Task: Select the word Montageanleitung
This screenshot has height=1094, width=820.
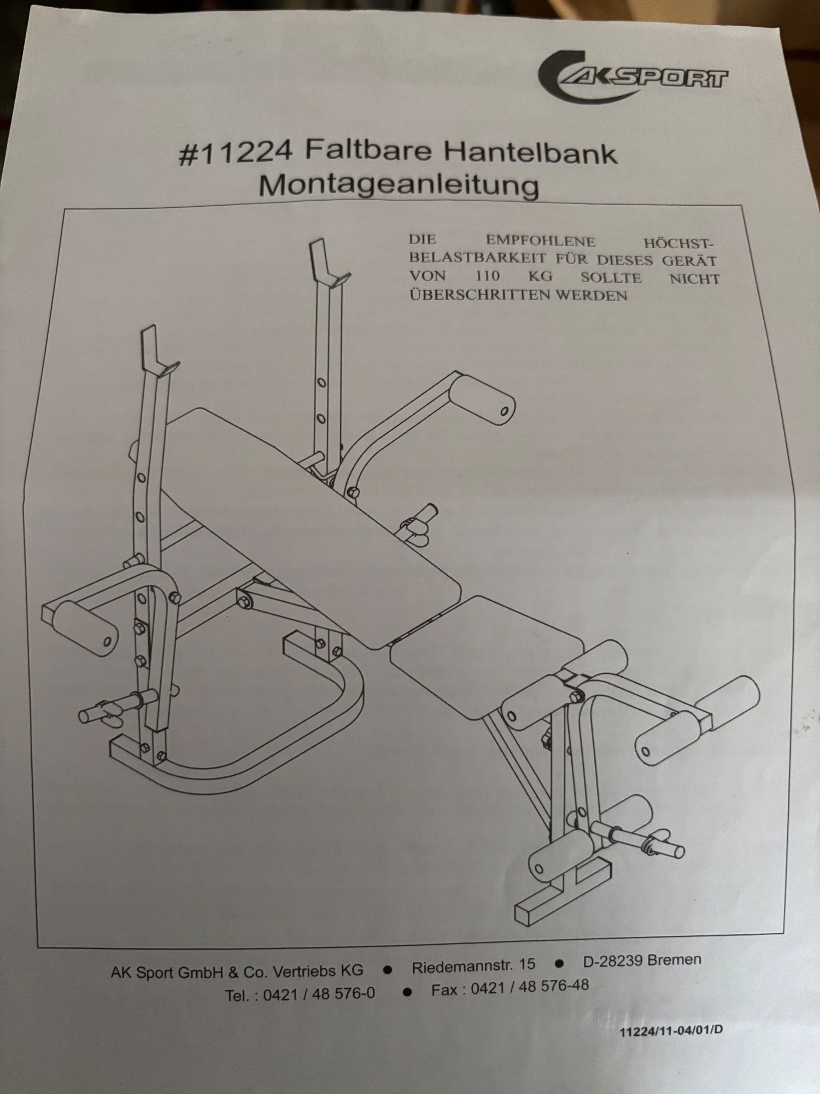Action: [399, 187]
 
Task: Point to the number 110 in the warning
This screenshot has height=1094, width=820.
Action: [488, 276]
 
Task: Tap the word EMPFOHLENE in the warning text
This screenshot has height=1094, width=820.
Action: [541, 241]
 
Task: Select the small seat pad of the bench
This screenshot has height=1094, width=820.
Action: [487, 656]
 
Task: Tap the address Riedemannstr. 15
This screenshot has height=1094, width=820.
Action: [473, 964]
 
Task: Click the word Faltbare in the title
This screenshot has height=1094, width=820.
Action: [366, 152]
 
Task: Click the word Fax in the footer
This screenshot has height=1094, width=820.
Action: [444, 990]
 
